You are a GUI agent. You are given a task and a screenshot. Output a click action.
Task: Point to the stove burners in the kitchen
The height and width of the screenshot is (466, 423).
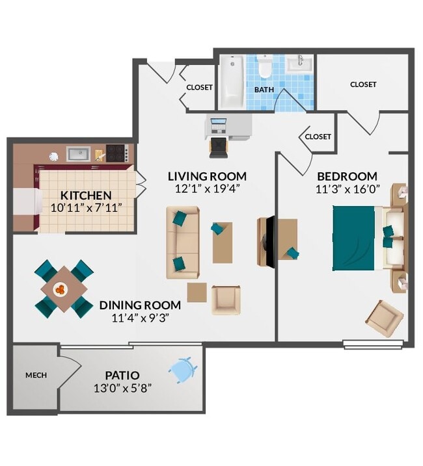[116, 153]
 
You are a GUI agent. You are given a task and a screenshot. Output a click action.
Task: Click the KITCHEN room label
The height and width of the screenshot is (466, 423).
[86, 195]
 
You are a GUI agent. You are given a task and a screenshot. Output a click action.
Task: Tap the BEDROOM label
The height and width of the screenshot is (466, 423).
[347, 176]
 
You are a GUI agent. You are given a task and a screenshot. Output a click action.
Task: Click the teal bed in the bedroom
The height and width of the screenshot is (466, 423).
[355, 238]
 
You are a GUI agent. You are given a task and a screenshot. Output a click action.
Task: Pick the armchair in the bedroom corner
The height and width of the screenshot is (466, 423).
[384, 318]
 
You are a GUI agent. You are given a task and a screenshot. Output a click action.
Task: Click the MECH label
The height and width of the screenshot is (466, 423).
[34, 376]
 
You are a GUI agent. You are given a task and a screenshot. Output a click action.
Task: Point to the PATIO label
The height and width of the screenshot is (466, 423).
[122, 375]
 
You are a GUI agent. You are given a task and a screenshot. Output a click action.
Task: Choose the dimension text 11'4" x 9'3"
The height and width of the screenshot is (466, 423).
[139, 318]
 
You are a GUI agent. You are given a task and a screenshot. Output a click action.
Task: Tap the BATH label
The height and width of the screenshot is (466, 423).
[264, 90]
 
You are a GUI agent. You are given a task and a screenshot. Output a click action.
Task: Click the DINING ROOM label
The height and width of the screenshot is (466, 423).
[139, 305]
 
